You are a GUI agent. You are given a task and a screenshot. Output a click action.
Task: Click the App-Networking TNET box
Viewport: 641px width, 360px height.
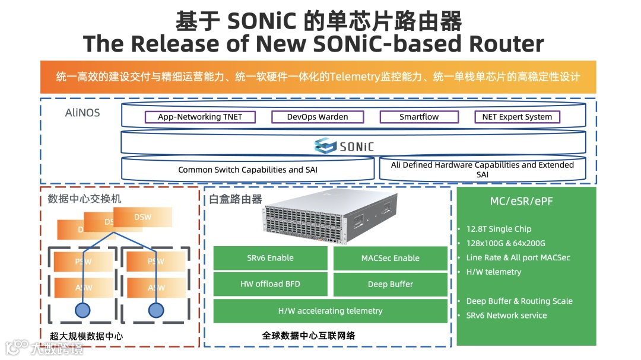(x=200, y=117)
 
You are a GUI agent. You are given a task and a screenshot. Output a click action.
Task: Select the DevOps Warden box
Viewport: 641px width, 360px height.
(x=318, y=117)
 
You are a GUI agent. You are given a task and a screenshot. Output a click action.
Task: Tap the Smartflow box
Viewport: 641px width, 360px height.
(x=419, y=117)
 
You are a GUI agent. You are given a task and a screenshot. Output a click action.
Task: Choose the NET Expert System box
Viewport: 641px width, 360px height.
(x=517, y=117)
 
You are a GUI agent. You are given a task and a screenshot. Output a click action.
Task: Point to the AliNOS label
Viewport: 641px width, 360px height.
(x=82, y=113)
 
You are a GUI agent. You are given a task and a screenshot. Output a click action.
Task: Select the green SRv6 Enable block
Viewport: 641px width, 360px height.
(x=270, y=258)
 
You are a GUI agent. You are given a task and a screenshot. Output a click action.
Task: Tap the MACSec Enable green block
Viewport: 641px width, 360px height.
(x=390, y=258)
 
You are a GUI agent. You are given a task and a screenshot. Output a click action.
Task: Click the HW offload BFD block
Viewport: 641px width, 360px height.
(x=270, y=284)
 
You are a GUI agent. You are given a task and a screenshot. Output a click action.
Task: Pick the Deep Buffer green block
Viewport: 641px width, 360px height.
(x=390, y=284)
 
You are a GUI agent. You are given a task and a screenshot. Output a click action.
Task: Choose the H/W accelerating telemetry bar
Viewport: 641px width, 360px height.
(x=330, y=311)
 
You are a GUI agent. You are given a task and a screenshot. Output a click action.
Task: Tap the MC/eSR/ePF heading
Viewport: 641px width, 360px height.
(x=526, y=202)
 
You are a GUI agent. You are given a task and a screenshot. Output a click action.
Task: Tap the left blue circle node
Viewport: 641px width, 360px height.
(x=82, y=310)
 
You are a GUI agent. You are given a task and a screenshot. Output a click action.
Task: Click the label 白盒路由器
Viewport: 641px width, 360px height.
(x=236, y=199)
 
